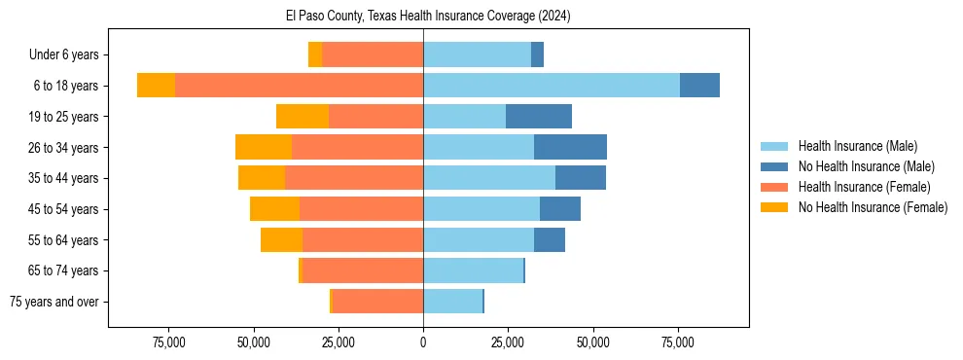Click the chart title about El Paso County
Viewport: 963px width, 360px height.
click(423, 16)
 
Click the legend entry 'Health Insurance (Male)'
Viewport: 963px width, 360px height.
click(857, 146)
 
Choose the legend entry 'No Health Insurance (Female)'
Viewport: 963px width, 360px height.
click(873, 207)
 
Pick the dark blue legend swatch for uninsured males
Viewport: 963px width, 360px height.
click(775, 166)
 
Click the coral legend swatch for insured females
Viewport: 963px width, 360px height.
click(775, 187)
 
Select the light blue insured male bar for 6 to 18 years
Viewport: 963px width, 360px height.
click(551, 86)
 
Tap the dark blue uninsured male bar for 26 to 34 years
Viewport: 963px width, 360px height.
click(570, 147)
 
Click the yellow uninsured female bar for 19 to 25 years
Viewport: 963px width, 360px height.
click(303, 117)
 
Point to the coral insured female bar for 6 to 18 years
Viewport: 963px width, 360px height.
click(299, 86)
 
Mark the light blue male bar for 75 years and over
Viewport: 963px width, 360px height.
click(452, 302)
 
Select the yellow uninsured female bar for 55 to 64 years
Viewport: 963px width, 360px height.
click(281, 239)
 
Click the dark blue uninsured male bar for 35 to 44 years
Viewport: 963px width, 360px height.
click(581, 178)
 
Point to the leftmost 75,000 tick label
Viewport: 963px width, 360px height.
click(169, 342)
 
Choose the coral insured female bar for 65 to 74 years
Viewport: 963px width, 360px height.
click(363, 270)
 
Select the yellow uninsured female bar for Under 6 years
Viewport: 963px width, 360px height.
click(315, 55)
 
